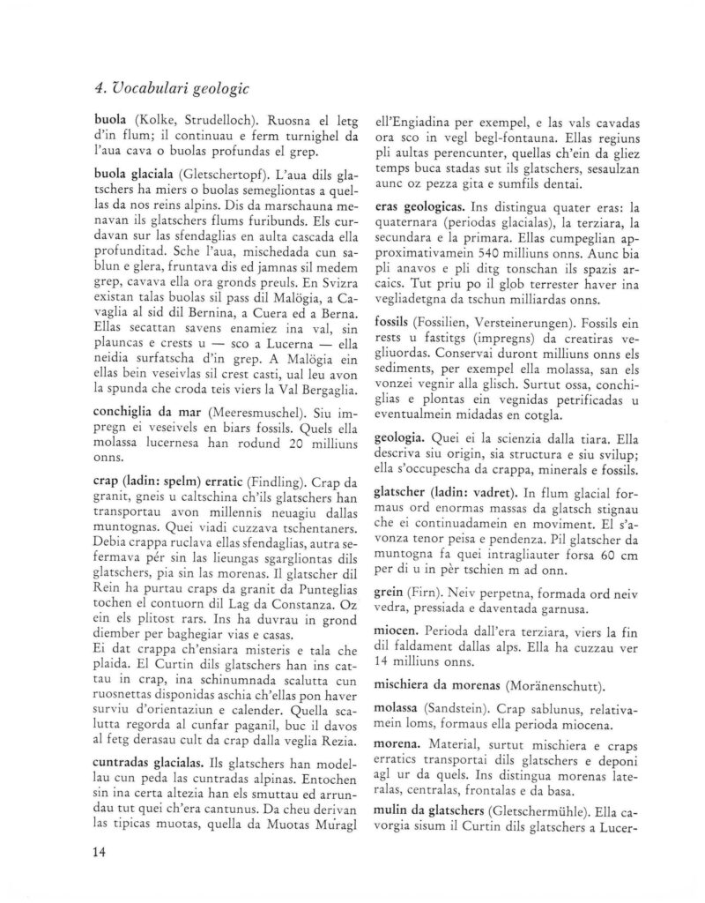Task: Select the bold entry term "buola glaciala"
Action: [135, 175]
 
